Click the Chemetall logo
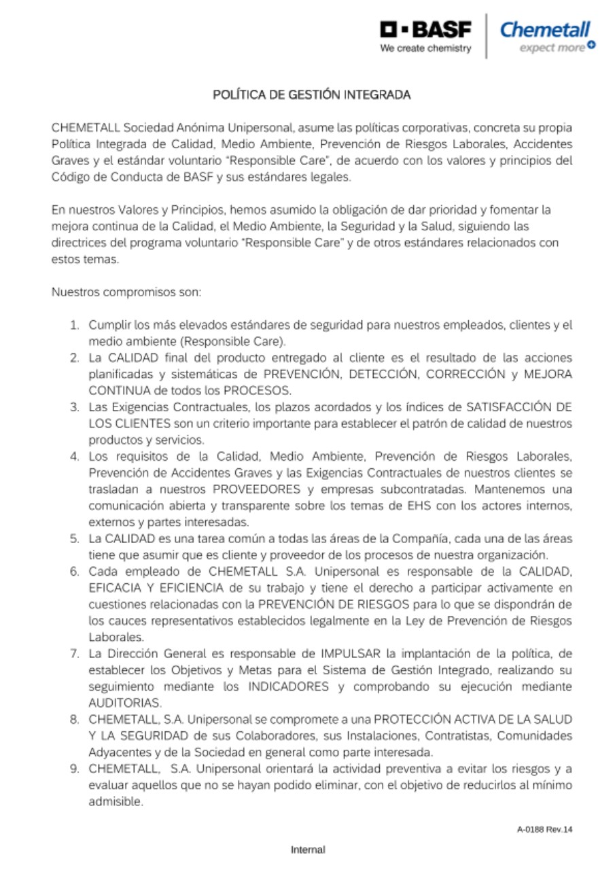tap(544, 31)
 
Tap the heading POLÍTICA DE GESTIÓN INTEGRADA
tap(312, 95)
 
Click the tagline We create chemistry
tap(425, 48)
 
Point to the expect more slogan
tap(552, 48)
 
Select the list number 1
tap(75, 325)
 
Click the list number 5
tap(75, 538)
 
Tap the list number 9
tap(75, 769)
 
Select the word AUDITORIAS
tap(125, 703)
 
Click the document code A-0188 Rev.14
tap(544, 829)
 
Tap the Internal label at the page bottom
tap(308, 850)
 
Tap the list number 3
tap(75, 406)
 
